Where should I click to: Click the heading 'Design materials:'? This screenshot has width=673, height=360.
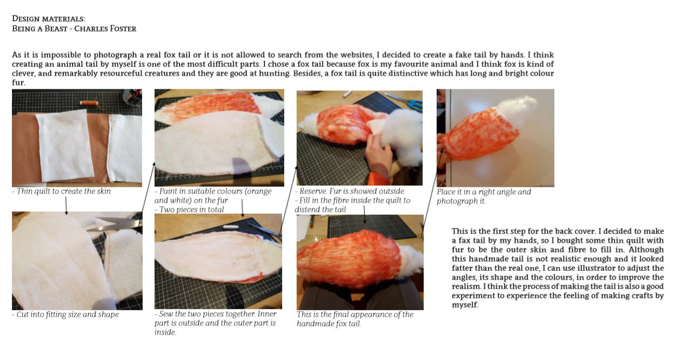[x=48, y=19]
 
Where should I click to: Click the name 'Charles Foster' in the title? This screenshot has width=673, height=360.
[x=105, y=29]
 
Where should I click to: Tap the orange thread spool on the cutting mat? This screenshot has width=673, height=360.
[x=89, y=103]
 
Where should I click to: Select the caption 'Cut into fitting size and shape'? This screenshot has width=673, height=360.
[x=65, y=315]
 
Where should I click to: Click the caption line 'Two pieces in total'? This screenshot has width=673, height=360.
[x=189, y=210]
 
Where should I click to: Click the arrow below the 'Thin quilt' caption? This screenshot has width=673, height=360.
[x=66, y=205]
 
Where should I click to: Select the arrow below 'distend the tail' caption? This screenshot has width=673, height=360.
[x=364, y=214]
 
